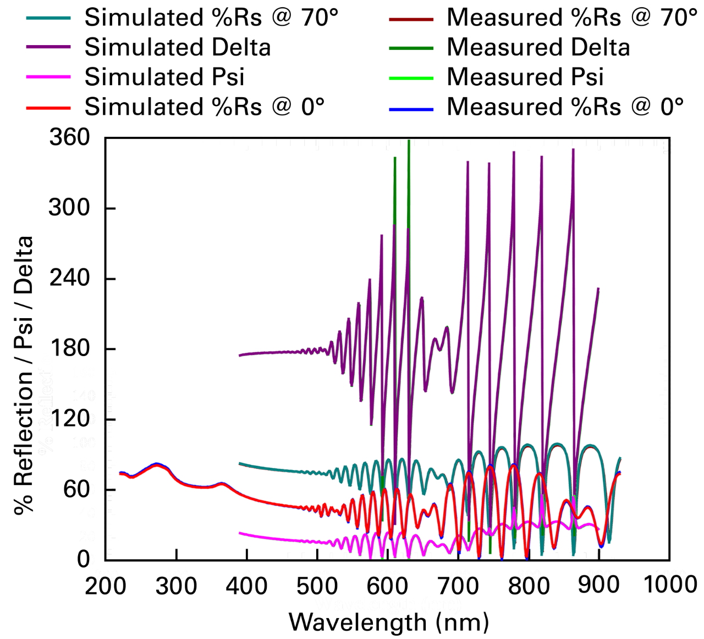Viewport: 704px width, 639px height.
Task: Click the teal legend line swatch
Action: pos(48,18)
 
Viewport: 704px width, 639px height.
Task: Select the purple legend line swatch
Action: pos(48,47)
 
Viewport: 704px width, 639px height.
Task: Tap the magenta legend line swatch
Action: pos(48,77)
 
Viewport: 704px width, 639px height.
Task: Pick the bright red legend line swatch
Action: pos(48,108)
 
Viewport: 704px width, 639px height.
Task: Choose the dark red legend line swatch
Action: pos(411,20)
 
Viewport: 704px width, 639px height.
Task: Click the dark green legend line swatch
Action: pos(411,48)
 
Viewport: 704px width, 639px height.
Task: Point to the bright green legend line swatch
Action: pos(411,79)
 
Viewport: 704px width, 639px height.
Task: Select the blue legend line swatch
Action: pos(411,110)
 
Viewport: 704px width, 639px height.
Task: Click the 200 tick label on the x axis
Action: pos(106,575)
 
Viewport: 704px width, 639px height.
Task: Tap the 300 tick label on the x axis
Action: pos(177,575)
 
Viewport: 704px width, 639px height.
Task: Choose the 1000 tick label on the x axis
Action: pos(672,575)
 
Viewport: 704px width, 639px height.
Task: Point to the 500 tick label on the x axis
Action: pos(318,575)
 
